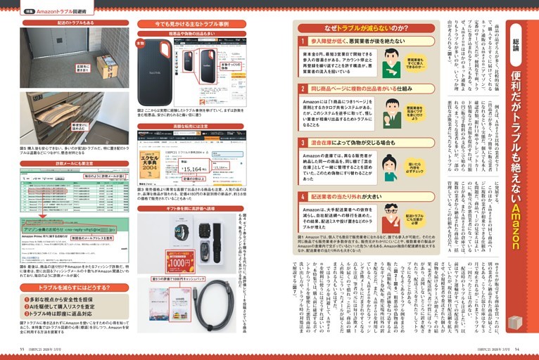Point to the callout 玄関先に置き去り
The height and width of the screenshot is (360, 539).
click(x=84, y=67)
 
